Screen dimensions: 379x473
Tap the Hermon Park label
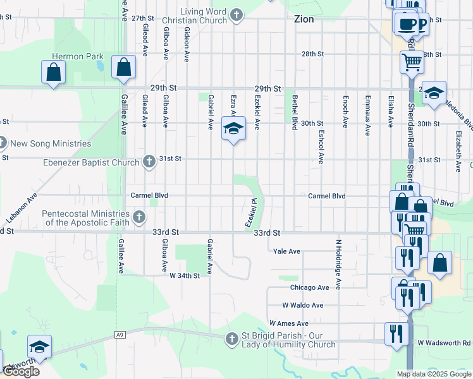coord(77,56)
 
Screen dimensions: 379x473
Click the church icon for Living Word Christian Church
coord(236,15)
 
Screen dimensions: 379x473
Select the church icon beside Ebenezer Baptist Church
coord(149,162)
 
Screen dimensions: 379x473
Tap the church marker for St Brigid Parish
coord(232,339)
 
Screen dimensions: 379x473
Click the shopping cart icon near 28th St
coord(412,63)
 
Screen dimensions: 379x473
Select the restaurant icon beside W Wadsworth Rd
coord(396,334)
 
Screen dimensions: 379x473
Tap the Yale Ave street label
coord(286,251)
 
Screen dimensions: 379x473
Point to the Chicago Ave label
coord(309,287)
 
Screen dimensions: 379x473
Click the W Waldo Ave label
coord(303,305)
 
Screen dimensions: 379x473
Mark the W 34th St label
coord(185,275)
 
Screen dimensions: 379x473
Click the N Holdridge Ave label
coord(338,264)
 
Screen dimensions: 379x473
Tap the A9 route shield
coord(120,335)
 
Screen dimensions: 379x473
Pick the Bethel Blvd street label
coord(295,112)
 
